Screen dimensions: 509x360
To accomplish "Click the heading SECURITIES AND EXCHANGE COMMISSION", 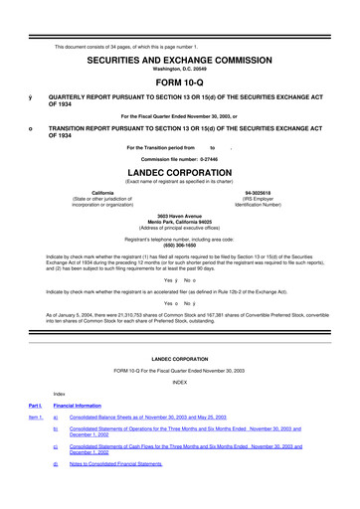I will point(179,33).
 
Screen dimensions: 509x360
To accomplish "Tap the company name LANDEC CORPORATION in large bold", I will point(180,169).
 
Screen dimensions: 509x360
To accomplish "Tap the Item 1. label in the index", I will point(35,419).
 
